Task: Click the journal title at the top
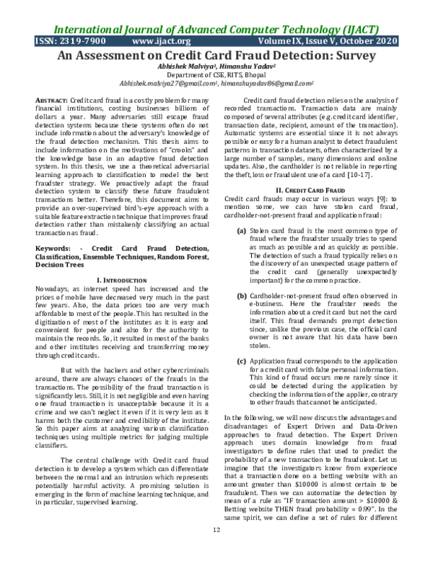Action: coord(216,30)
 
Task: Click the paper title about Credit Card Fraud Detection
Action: coord(216,55)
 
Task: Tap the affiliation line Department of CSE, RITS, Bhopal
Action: coord(216,74)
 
